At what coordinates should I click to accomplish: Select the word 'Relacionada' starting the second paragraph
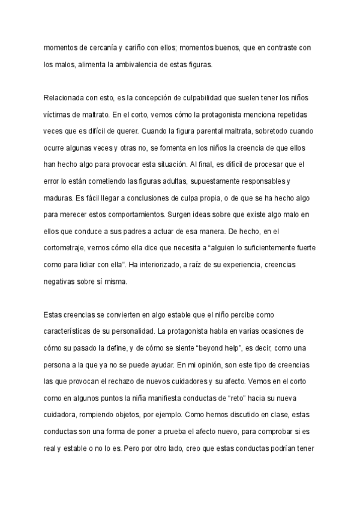(x=64, y=97)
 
